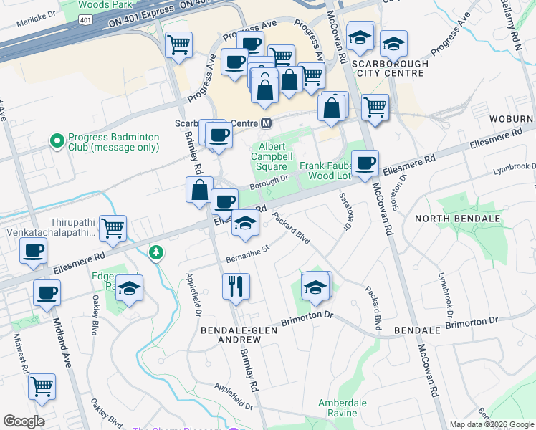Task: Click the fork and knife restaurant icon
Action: click(x=235, y=286)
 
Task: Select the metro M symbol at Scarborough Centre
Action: click(x=266, y=123)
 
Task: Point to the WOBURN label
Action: click(x=512, y=118)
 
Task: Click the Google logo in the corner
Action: click(x=24, y=421)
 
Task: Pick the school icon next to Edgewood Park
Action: click(x=130, y=289)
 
